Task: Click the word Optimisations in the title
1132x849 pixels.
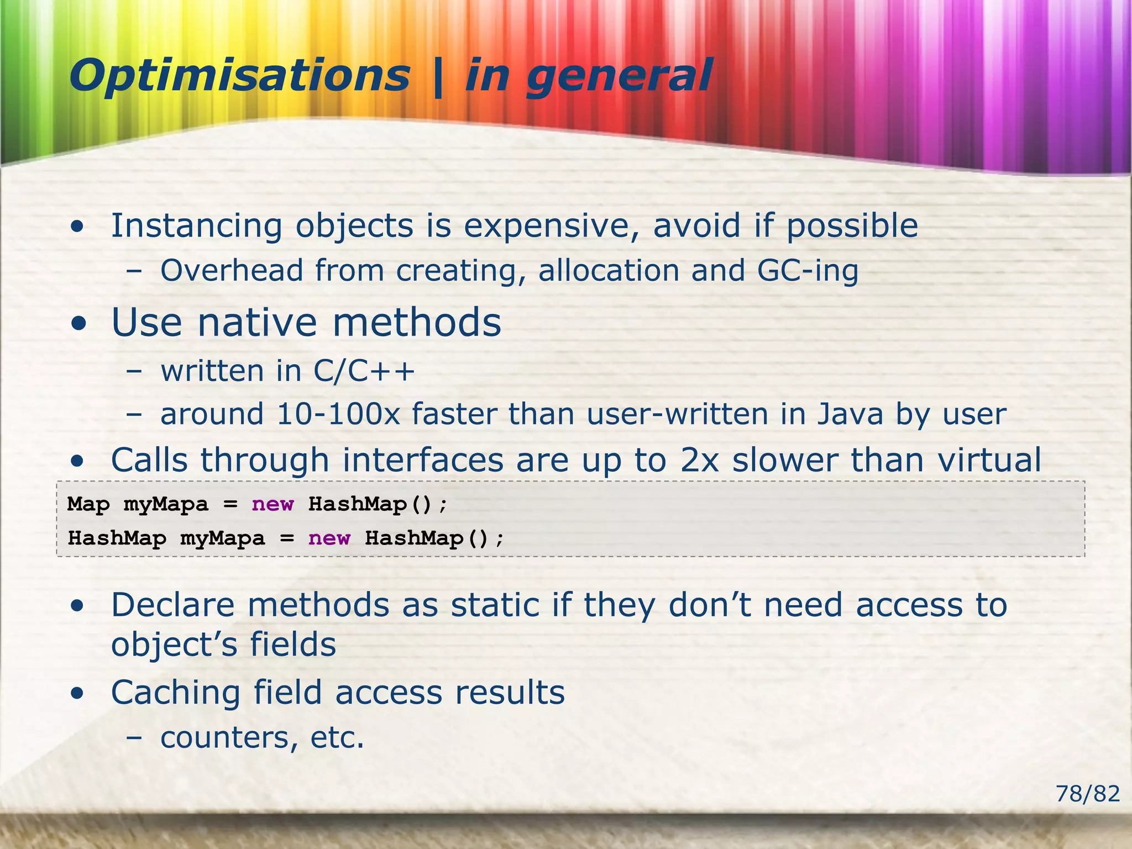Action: coord(239,76)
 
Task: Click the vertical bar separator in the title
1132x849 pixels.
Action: coord(438,77)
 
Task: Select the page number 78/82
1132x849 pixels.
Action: coord(1087,794)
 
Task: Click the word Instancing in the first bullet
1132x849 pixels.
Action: coord(196,227)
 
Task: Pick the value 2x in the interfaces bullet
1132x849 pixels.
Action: coord(699,460)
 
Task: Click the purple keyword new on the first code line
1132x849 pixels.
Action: coord(272,504)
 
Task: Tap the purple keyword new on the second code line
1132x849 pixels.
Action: coord(329,538)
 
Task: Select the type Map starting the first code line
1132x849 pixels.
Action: coord(88,504)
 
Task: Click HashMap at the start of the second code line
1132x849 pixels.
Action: coord(117,538)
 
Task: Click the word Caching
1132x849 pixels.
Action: coord(176,693)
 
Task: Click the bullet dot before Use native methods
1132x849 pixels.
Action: coord(79,323)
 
